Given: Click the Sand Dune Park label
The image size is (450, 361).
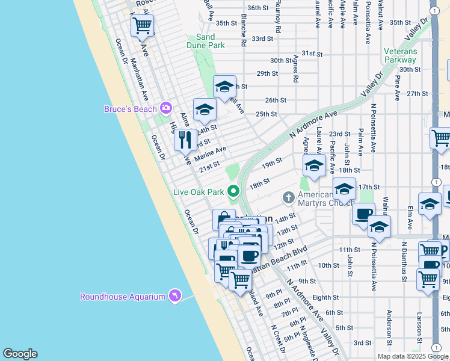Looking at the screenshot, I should pos(210,41).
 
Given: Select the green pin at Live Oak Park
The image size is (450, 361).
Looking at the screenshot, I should pos(233,192).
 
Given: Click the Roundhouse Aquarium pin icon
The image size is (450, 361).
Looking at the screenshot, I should pos(174,297).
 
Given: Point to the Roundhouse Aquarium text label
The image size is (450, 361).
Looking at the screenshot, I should pos(123,297).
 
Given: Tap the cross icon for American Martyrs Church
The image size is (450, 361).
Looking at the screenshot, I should pos(288,197).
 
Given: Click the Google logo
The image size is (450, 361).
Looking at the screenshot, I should pos(20,354).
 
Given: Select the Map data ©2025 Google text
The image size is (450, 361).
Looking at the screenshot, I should pos(412,356).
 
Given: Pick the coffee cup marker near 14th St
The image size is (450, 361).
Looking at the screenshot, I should pos(363,214).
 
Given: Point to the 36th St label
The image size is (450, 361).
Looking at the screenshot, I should pos(257,8).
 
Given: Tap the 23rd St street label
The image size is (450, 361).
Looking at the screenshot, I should pos(339,134).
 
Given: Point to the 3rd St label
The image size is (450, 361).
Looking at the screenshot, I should pos(362,342).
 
